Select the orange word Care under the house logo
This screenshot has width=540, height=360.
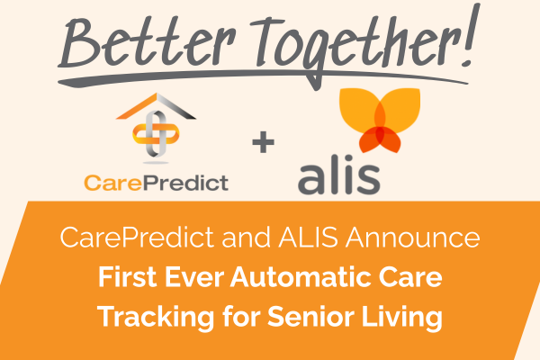[115, 183]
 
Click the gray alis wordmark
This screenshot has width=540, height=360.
[339, 175]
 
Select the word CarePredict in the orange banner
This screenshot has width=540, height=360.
[123, 239]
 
